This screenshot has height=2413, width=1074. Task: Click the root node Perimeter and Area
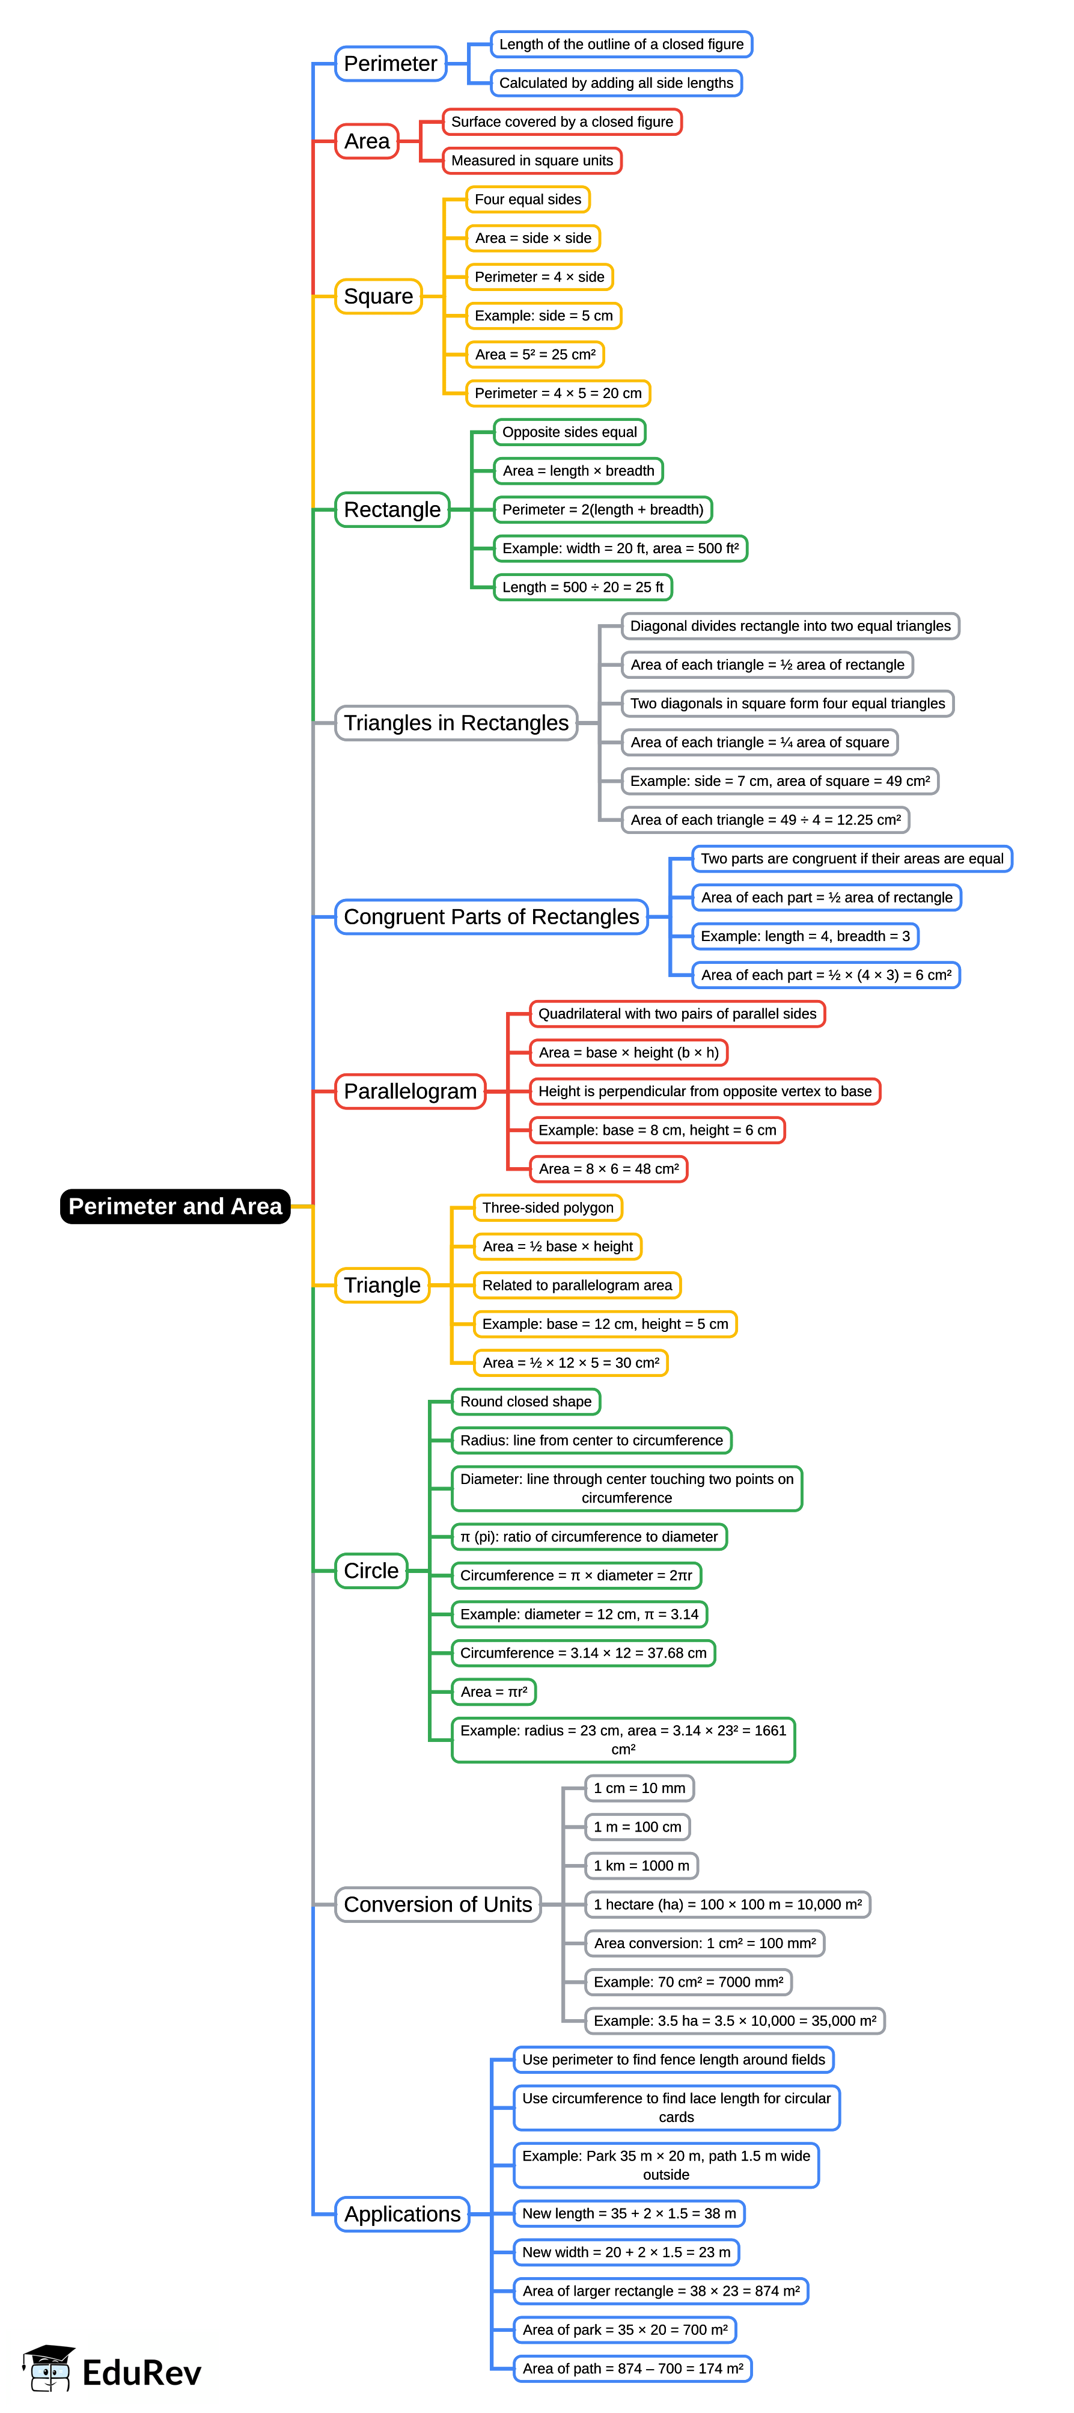[175, 1206]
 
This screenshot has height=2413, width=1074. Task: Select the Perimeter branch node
[391, 64]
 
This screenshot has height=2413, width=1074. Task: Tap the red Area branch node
[367, 141]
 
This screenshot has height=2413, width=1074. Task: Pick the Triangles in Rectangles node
[456, 723]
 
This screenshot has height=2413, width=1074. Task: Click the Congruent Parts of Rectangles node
[492, 916]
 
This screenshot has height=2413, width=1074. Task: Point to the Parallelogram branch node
[410, 1091]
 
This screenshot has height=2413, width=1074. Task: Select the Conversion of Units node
[438, 1904]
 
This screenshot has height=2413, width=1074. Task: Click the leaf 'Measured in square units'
[532, 161]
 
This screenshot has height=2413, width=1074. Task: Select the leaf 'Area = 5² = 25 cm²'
[535, 354]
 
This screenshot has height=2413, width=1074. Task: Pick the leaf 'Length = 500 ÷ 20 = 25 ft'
[582, 587]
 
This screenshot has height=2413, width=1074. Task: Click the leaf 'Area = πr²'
[493, 1691]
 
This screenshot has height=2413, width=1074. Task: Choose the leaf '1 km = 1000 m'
[641, 1865]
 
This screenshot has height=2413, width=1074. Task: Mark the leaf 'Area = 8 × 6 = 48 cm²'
[609, 1169]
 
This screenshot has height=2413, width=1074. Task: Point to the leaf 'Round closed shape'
[525, 1402]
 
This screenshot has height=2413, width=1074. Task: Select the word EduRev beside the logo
[141, 2373]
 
